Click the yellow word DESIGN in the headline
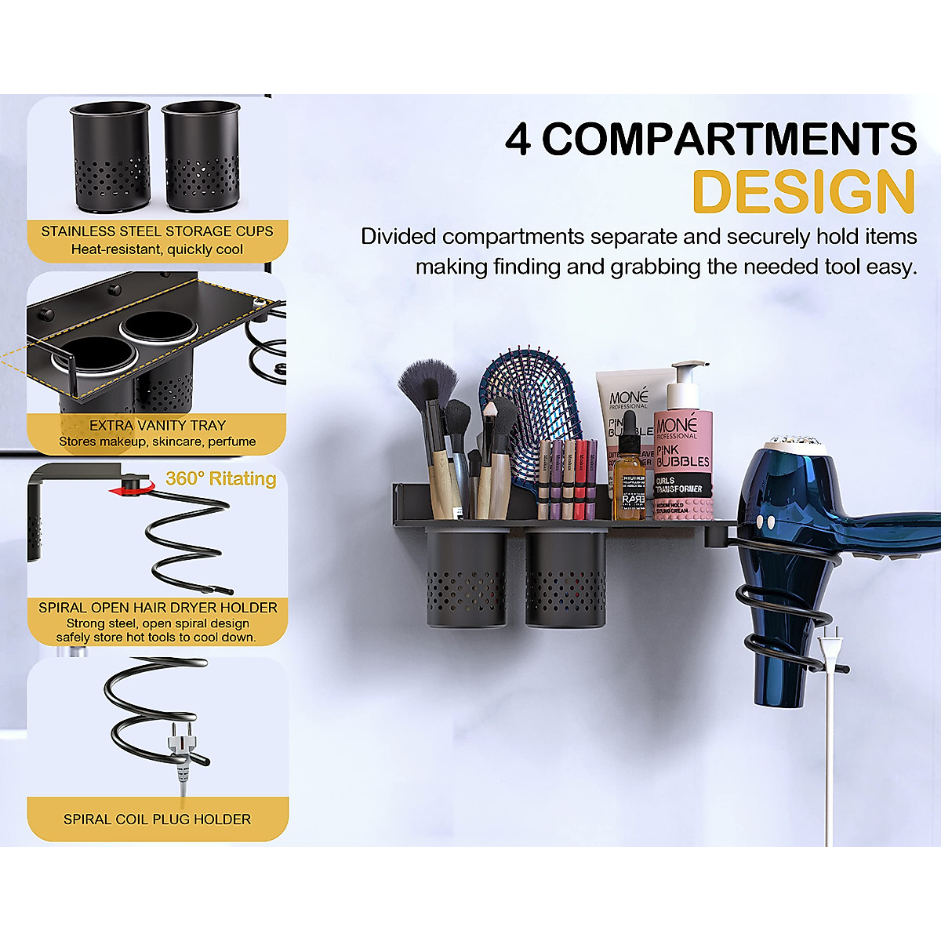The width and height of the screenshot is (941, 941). (x=804, y=192)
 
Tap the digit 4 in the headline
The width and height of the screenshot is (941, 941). (x=518, y=140)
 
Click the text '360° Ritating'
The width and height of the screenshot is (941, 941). (x=221, y=478)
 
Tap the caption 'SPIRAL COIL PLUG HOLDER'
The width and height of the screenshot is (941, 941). (x=157, y=819)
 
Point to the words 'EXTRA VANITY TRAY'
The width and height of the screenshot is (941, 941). (x=157, y=425)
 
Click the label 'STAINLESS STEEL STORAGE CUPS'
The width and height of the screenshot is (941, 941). (x=157, y=231)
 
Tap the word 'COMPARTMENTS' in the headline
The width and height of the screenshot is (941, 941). (x=729, y=140)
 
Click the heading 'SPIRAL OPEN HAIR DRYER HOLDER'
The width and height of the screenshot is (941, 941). (x=158, y=608)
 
